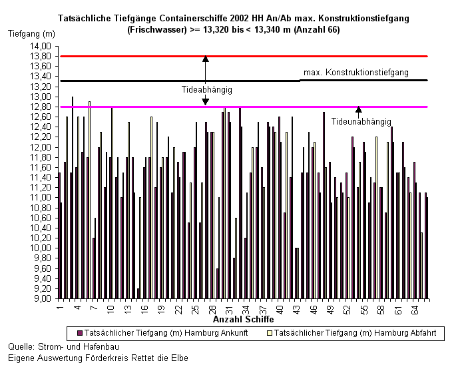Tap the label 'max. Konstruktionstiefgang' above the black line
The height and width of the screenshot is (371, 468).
pos(355,73)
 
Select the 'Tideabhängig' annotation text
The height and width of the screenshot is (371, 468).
pos(207,90)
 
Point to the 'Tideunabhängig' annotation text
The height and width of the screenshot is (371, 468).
pos(361,122)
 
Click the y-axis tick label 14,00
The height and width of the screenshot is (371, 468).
pos(41,47)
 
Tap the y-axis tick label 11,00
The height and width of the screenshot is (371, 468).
pos(41,198)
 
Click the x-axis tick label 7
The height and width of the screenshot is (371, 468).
pos(94,308)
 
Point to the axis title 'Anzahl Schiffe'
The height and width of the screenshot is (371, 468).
pos(243,319)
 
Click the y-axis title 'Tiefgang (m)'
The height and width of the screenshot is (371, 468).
pos(32,34)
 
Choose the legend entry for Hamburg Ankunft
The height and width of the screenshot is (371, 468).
pos(162,333)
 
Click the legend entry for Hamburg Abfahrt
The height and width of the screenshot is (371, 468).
pos(351,333)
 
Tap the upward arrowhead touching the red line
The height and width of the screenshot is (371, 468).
pos(205,59)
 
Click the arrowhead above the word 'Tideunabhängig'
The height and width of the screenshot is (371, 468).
pos(358,109)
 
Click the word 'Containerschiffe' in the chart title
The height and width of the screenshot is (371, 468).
pos(194,19)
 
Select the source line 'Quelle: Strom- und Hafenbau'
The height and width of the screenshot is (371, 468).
pos(63,347)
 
